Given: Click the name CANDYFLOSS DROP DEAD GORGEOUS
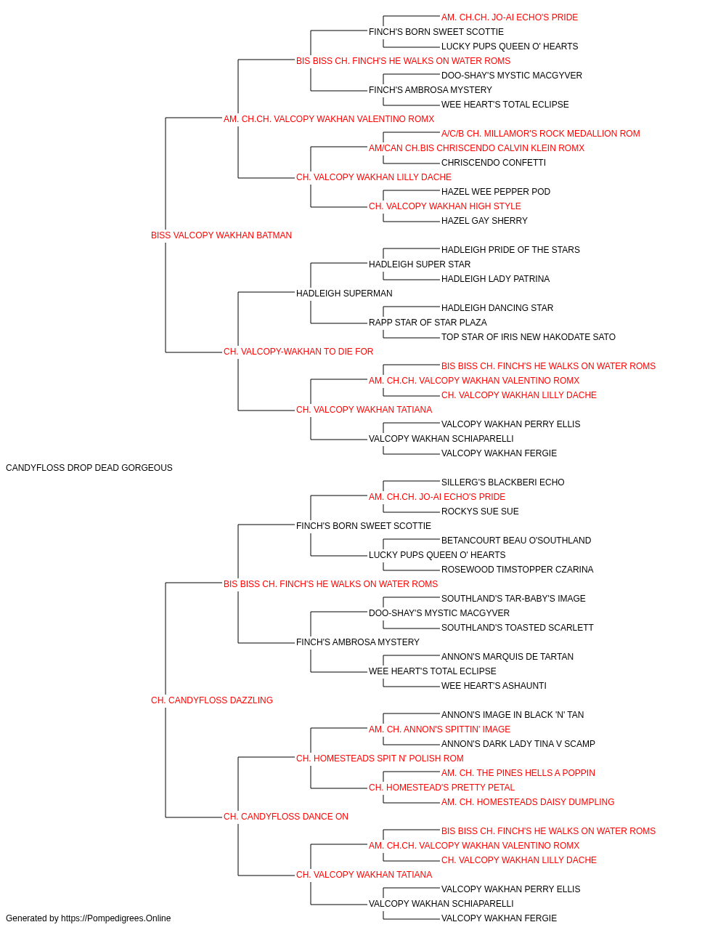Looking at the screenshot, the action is [89, 468].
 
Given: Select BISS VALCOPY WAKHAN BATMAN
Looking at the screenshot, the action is [221, 235].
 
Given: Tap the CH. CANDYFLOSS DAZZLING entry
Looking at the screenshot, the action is [212, 700].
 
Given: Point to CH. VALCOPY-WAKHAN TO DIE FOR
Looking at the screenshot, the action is [298, 352].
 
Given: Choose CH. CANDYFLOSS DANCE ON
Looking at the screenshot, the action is [285, 817].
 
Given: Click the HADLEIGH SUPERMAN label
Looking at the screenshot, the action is [344, 293].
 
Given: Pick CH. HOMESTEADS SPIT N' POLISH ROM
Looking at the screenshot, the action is [380, 759].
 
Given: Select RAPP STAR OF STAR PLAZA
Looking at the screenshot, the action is [428, 323].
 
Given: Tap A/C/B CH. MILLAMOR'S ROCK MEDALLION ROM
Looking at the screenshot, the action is [540, 134].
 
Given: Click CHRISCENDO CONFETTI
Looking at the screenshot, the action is [494, 163].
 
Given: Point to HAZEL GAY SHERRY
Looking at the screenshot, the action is [484, 221].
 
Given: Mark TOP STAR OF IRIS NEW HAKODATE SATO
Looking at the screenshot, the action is [529, 337].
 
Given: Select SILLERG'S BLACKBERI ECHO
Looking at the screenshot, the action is [503, 482].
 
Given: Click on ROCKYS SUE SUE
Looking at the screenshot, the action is [480, 511].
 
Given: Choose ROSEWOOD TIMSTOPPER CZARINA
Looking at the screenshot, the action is [518, 569].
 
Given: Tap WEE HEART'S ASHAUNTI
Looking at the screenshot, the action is [494, 686].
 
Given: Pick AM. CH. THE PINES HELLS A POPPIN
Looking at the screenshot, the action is [518, 773].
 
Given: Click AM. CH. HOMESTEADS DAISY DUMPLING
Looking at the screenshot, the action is [528, 802].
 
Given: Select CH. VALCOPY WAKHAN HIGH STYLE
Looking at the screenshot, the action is [444, 206].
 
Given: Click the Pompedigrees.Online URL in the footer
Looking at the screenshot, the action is [116, 918].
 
